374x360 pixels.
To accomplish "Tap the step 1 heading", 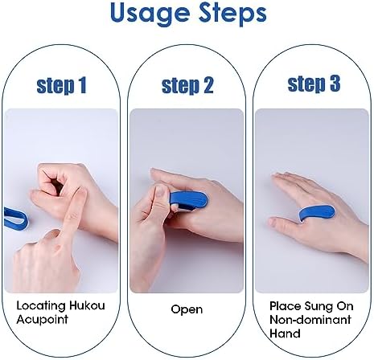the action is (x=61, y=86).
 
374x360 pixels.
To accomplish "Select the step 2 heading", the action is (x=187, y=86).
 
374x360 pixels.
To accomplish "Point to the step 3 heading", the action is (x=314, y=84).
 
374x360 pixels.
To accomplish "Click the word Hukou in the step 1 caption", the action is (x=87, y=305).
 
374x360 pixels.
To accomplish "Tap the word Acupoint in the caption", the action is (x=42, y=319).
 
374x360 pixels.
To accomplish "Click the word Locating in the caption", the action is (x=41, y=306).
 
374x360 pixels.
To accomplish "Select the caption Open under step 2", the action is (x=187, y=309).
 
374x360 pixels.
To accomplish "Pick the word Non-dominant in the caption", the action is (x=310, y=320).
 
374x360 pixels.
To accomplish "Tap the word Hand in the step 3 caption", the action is (x=285, y=333).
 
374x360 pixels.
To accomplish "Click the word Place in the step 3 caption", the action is (x=286, y=306).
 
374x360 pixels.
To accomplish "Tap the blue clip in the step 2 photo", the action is (x=188, y=200).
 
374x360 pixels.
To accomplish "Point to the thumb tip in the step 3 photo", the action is (x=273, y=221).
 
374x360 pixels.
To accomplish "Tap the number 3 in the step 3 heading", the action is (x=335, y=84).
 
